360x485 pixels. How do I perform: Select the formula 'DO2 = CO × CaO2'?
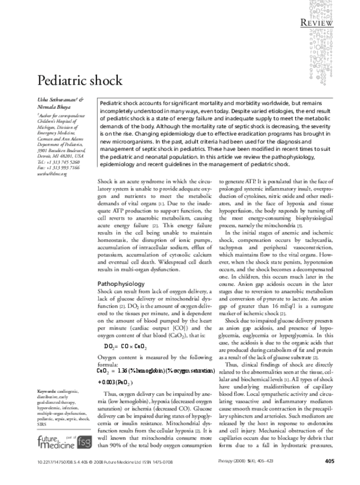point(126,347)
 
